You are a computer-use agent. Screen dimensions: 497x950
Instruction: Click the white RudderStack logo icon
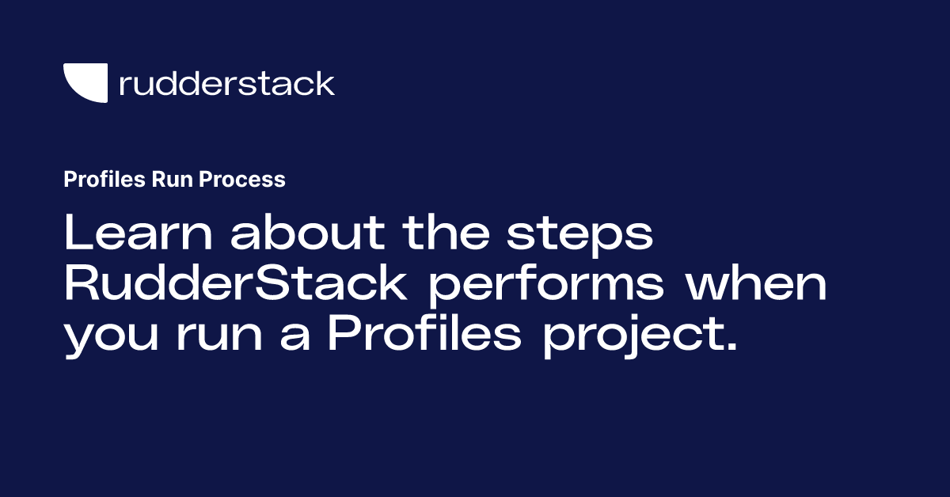click(x=85, y=82)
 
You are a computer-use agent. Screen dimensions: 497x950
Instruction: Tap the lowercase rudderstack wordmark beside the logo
click(x=226, y=83)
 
